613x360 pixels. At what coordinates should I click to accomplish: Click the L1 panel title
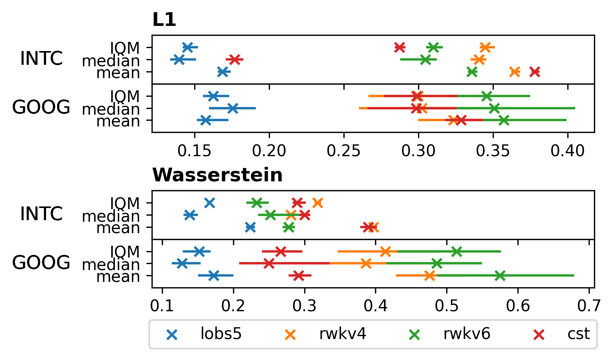pos(164,20)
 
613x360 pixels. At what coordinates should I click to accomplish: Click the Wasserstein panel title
pos(217,175)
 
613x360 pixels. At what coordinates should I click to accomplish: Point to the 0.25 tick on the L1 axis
pos(344,151)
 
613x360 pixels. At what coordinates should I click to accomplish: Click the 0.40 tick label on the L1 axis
pos(567,151)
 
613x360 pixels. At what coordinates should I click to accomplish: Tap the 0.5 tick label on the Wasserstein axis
pos(447,306)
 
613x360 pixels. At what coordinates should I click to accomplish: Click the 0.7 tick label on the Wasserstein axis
pos(589,306)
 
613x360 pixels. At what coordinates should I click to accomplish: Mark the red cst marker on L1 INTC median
pos(235,59)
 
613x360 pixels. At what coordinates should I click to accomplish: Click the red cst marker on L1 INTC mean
pos(535,72)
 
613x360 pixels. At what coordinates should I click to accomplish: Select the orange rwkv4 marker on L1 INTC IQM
pos(485,47)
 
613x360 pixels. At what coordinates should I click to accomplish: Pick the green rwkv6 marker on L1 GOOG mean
pos(504,120)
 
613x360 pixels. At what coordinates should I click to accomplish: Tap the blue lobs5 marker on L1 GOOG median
pos(233,108)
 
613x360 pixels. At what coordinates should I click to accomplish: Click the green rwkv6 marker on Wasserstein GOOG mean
pos(500,275)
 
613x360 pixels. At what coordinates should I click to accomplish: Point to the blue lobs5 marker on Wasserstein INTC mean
pos(250,227)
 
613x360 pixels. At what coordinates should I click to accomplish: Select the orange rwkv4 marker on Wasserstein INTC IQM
pos(318,203)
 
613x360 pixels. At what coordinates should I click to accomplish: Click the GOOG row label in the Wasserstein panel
pos(41,263)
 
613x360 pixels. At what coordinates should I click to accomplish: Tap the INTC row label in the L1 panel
pos(41,59)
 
